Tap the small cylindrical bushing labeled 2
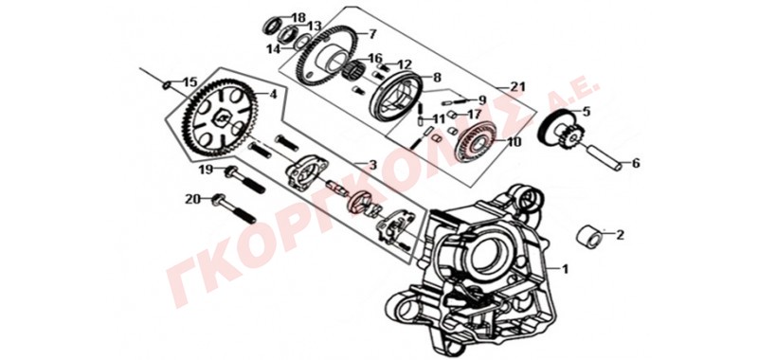click(590, 237)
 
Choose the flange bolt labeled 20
click(234, 208)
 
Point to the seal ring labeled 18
click(273, 26)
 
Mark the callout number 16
click(375, 58)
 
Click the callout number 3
click(372, 165)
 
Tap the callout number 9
click(481, 100)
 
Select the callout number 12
click(405, 64)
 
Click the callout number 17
click(475, 115)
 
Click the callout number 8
click(437, 78)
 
